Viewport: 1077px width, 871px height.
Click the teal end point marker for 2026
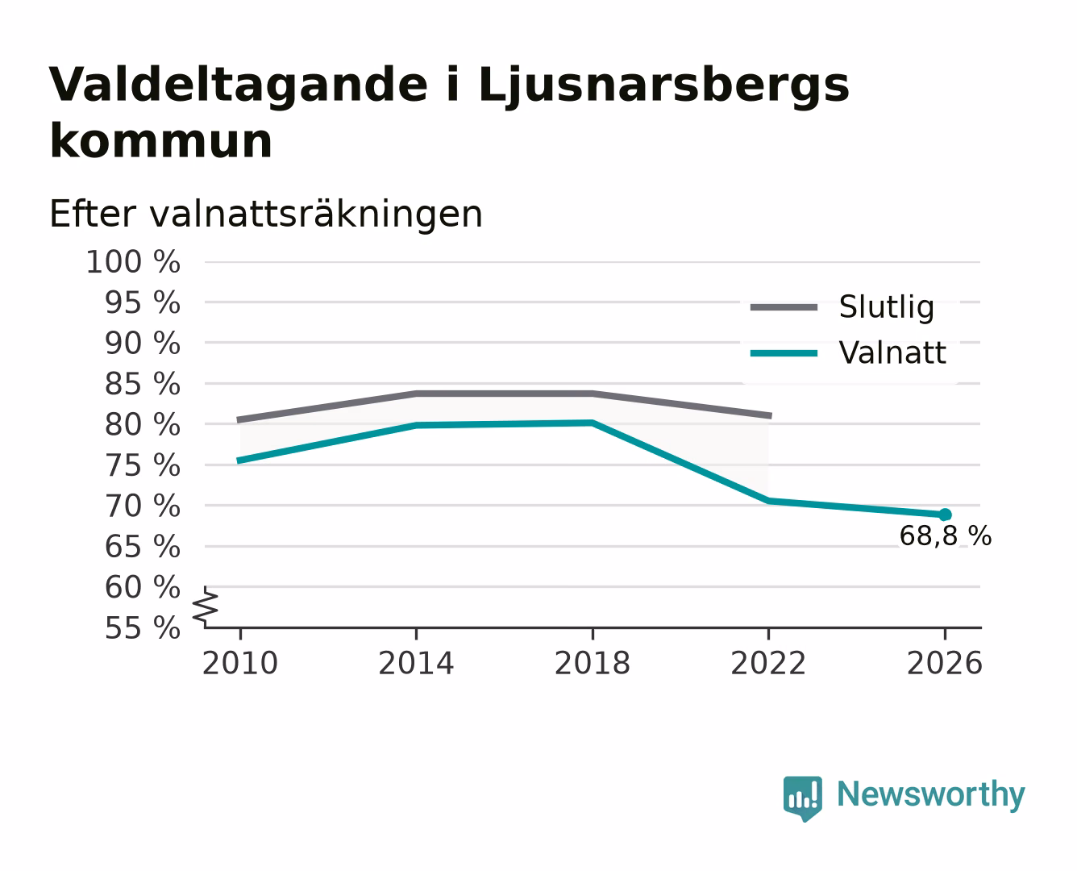point(945,515)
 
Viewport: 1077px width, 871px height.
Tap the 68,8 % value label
point(945,536)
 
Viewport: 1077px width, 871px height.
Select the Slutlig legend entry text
point(887,307)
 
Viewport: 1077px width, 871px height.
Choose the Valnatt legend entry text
point(892,352)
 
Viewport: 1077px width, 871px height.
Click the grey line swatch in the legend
point(784,307)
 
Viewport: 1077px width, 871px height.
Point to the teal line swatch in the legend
point(784,353)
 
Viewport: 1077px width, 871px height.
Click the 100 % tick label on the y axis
point(133,263)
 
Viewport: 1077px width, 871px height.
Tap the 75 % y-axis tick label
point(142,465)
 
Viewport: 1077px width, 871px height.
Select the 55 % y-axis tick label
point(142,628)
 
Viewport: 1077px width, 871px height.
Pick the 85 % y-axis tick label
point(142,384)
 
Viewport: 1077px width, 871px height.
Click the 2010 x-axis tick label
point(240,663)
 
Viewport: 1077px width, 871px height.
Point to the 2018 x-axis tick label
point(592,663)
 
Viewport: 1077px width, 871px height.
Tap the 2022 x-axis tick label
point(768,663)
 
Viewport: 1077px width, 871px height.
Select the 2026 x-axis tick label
point(944,663)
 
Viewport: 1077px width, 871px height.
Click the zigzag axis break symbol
point(206,607)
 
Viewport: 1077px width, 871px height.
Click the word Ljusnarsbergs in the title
point(664,86)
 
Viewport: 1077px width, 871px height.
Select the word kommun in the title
point(160,142)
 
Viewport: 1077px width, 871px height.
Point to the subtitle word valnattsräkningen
point(316,215)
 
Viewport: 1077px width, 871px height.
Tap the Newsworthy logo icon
point(802,798)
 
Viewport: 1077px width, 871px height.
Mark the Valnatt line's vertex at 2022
point(768,501)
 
